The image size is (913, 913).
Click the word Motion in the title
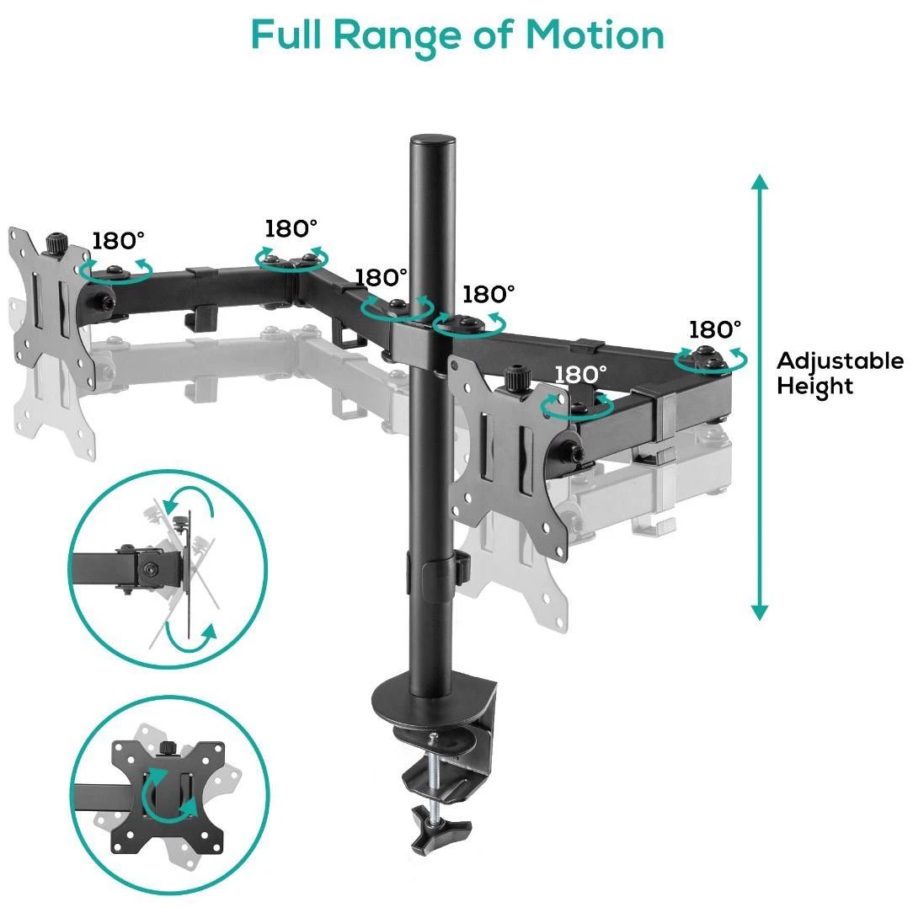coord(595,35)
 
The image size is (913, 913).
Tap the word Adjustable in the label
coord(841,361)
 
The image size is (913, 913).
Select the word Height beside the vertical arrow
coord(814,387)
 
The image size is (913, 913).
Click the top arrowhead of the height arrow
coord(759,182)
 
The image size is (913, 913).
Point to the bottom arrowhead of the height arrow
coord(759,612)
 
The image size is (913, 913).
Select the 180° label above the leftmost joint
coord(118,241)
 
